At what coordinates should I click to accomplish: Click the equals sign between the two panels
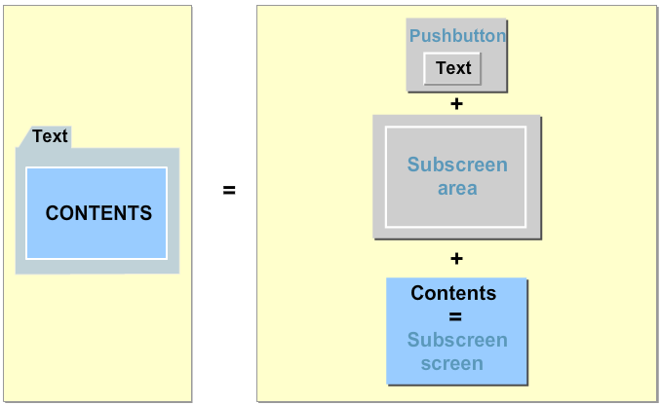click(229, 191)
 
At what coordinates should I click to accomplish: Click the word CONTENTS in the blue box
click(98, 213)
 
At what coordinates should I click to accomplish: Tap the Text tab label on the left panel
click(50, 136)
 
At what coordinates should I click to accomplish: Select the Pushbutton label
click(457, 36)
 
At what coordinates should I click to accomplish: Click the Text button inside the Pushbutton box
click(453, 68)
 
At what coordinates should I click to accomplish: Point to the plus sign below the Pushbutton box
click(456, 103)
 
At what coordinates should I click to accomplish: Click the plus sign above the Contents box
click(456, 258)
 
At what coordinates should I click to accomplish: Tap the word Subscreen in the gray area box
click(457, 165)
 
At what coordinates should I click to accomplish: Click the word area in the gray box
click(457, 188)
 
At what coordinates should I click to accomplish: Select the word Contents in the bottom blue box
click(453, 293)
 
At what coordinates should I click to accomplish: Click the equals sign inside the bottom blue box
click(455, 316)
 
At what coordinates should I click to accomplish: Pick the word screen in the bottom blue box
click(451, 363)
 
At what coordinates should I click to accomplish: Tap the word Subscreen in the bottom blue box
click(457, 340)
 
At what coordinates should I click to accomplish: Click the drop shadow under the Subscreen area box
click(458, 239)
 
